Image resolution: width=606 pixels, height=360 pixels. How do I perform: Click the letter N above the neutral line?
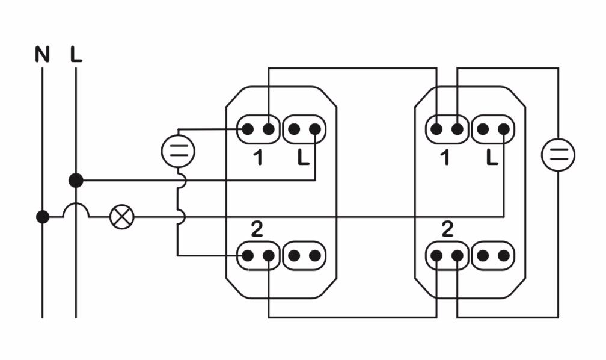point(43,54)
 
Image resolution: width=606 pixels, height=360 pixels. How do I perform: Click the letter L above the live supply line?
point(76,54)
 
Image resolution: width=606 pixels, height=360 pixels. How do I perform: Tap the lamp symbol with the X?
point(121,217)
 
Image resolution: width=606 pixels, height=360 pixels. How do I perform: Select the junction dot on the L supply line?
point(76,181)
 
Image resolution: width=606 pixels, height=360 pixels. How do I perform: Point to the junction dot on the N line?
point(43,217)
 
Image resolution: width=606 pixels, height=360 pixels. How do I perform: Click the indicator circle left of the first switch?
point(178,151)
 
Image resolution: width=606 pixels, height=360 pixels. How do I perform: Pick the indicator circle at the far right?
point(558,155)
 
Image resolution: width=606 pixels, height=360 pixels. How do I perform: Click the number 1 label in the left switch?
point(258,158)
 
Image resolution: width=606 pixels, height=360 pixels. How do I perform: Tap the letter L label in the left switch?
point(304,158)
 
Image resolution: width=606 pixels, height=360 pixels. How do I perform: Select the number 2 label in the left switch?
point(257,229)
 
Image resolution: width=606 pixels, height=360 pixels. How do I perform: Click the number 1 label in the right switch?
point(445,158)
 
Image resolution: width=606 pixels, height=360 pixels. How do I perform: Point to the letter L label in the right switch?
point(492,158)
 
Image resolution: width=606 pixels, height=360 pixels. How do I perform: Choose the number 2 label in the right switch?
point(447,229)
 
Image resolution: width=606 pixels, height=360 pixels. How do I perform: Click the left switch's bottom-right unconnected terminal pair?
point(304,255)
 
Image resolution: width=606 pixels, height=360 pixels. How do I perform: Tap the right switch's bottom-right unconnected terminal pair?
point(493,255)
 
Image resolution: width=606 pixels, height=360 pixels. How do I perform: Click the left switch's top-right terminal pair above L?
point(304,129)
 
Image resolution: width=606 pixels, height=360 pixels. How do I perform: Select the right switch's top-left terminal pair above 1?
point(447,129)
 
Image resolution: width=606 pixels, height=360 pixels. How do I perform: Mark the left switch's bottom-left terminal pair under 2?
point(258,255)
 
